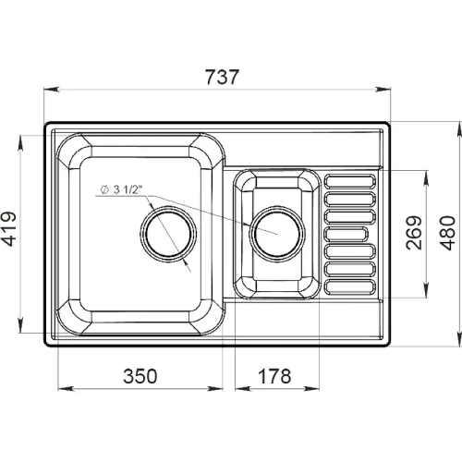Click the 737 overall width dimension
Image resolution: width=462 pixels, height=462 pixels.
[x=222, y=77]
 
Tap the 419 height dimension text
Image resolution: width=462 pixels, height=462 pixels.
[x=8, y=229]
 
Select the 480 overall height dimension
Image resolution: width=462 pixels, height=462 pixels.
[x=447, y=233]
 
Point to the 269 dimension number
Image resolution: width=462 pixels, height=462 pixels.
[x=414, y=233]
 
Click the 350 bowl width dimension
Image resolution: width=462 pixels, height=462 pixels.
[x=140, y=376]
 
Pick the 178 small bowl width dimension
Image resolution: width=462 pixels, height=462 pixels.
[x=274, y=376]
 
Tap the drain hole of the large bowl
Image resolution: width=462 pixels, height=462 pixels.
[x=168, y=234]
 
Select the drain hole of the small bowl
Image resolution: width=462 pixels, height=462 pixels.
[x=277, y=234]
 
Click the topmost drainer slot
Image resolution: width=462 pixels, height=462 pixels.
[x=350, y=181]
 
